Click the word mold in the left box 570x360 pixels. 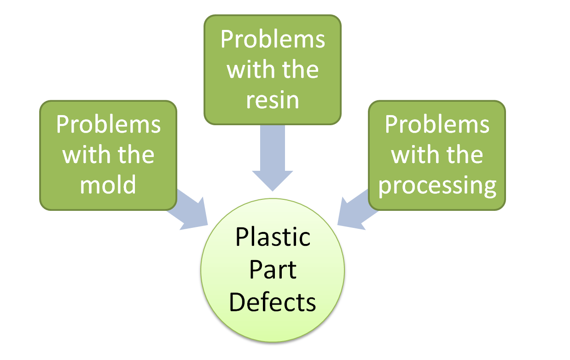coord(108,185)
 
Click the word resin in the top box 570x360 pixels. coord(273,100)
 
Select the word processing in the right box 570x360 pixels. coord(437,186)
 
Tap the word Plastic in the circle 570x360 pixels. coord(273,238)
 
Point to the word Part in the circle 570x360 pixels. coord(273,271)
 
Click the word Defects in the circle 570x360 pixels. coord(273,302)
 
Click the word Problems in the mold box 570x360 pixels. coord(108,124)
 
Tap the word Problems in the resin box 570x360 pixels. coord(273,40)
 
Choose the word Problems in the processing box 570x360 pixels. coord(437,124)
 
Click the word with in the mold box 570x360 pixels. coord(84,155)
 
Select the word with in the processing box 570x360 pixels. coord(413,155)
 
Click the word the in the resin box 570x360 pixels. coord(300,70)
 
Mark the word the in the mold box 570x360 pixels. coord(134,155)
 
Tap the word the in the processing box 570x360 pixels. coord(464,155)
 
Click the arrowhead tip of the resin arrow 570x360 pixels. coord(273,189)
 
